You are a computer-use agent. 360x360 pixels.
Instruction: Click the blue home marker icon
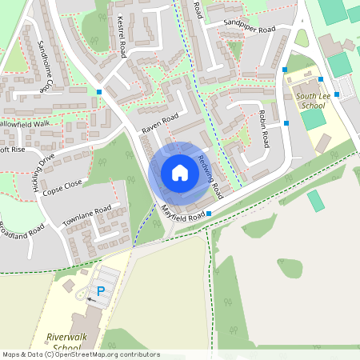pos(180,173)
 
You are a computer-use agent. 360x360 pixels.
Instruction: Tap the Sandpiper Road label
pos(250,28)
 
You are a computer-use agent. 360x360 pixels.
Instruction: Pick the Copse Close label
pos(62,188)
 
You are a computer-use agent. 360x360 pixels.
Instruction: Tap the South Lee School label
pos(312,101)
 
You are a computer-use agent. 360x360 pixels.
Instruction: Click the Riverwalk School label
pos(63,342)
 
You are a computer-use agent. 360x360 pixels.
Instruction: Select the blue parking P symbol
pos(101,291)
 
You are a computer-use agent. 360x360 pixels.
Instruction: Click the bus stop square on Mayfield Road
pos(209,214)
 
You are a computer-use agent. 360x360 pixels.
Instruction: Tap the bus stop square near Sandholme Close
pos(99,92)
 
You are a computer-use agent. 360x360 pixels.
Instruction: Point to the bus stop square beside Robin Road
pos(286,123)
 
